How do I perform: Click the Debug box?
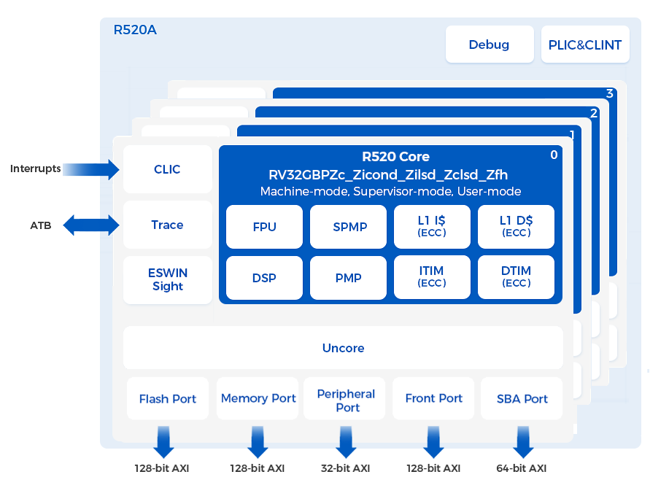(489, 44)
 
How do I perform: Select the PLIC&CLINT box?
(584, 44)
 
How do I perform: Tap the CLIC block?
(167, 169)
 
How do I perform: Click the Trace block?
(167, 225)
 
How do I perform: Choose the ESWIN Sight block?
(167, 279)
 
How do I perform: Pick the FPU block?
(264, 227)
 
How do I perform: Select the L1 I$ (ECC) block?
(432, 227)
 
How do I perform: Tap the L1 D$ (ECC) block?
(516, 227)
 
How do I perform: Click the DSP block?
(264, 278)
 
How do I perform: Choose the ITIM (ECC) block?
(432, 278)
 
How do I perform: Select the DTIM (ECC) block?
(516, 278)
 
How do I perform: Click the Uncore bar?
(343, 348)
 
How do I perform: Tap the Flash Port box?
(168, 399)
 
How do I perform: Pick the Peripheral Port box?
(347, 400)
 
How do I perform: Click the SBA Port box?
(522, 399)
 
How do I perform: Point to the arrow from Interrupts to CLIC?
(92, 169)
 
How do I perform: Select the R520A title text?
(135, 31)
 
